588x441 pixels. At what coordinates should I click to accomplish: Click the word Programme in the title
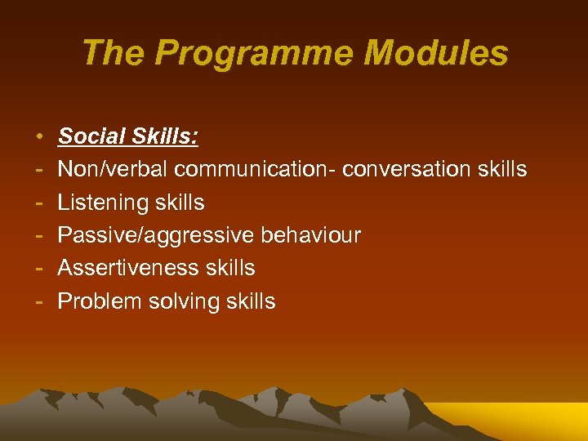[x=255, y=54]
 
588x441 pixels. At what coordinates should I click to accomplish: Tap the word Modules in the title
[x=435, y=54]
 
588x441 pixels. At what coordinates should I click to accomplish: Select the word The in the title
[x=114, y=54]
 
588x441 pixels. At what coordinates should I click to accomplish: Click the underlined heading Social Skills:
[x=127, y=136]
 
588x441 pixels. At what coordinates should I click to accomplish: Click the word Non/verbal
[x=113, y=169]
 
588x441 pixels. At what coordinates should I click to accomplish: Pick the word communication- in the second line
[x=256, y=169]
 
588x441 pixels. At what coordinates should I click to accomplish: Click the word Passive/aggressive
[x=155, y=235]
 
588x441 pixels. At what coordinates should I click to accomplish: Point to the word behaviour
[x=310, y=235]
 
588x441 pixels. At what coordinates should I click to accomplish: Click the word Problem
[x=100, y=301]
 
